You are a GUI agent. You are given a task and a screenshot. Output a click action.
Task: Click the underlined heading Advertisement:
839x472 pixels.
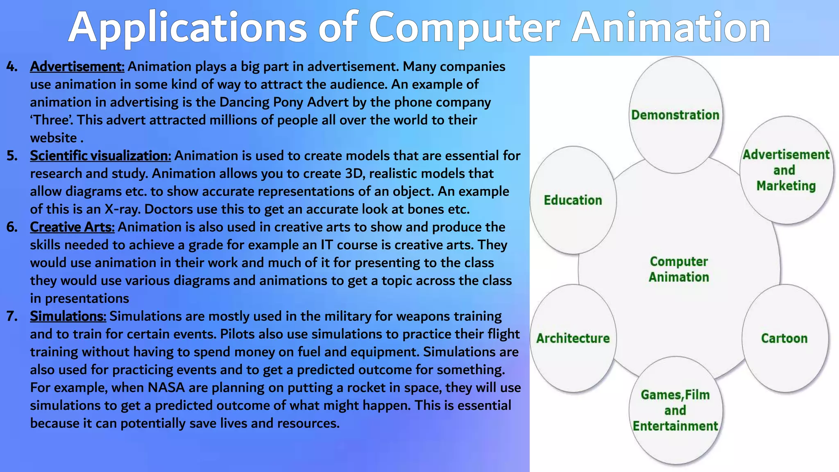coord(77,66)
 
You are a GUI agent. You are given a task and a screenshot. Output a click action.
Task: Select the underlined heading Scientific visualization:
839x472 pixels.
coord(100,156)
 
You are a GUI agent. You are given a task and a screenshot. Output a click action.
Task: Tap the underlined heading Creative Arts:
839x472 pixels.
coord(72,227)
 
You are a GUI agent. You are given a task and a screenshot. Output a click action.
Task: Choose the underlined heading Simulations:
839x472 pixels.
coord(68,316)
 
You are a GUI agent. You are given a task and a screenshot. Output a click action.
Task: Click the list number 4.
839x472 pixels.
coord(12,66)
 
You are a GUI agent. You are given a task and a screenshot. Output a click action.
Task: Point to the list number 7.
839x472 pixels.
coord(12,316)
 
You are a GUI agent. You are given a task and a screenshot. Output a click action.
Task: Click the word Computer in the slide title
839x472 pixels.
coord(464,28)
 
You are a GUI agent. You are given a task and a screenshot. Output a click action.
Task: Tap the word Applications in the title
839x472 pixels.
coord(188,28)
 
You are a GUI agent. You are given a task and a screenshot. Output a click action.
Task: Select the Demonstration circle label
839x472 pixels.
coord(675,115)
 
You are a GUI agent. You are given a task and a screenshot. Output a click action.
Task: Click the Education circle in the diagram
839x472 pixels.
coord(573,200)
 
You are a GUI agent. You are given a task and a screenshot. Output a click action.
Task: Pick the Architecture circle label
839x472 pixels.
coord(573,338)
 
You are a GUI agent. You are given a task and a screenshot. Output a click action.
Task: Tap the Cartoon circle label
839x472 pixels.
coord(784,338)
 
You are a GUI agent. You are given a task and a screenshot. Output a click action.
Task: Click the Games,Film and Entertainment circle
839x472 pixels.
coord(675,411)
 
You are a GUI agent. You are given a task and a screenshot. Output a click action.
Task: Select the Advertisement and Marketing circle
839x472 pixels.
coord(786,170)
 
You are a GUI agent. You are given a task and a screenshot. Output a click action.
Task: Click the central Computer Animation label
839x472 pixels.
coord(678,269)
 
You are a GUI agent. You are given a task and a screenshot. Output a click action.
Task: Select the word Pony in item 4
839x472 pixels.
coord(288,102)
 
